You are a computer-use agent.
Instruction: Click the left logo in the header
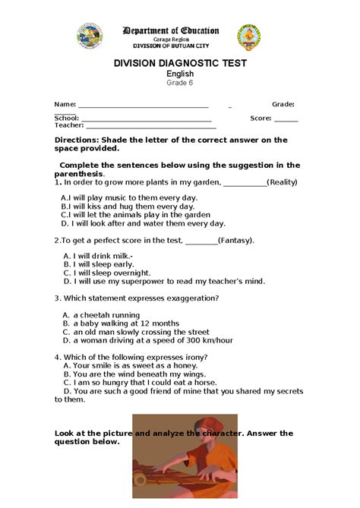coord(90,35)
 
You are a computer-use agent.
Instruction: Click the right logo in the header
coord(249,36)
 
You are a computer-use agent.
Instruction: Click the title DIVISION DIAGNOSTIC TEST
coord(180,64)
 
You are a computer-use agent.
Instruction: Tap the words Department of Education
coord(171,31)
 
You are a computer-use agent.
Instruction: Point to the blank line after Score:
coord(286,120)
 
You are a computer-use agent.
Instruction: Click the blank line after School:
coord(146,120)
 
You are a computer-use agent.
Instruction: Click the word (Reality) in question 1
coord(282,182)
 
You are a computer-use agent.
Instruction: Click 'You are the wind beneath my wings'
coord(137,374)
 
